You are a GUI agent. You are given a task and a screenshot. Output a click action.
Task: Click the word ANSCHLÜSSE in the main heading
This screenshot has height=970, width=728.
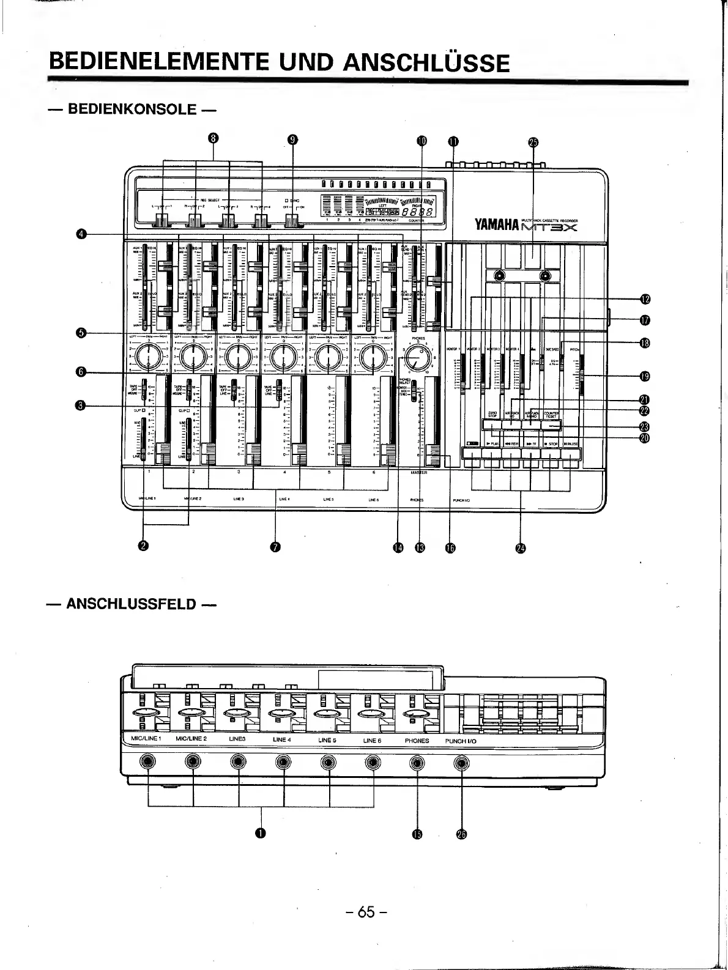(426, 62)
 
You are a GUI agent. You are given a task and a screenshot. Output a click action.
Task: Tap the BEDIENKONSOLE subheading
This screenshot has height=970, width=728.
(132, 109)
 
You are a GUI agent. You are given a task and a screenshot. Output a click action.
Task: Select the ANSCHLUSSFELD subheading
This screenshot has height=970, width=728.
(132, 604)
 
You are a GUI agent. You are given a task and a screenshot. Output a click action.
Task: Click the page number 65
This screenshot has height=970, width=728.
(366, 911)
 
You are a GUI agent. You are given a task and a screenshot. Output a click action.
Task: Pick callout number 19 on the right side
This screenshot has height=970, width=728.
(644, 376)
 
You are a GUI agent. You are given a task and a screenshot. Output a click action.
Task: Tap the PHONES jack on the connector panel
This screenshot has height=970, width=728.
(417, 763)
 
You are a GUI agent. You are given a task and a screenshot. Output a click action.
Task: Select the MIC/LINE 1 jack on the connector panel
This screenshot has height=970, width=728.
(148, 763)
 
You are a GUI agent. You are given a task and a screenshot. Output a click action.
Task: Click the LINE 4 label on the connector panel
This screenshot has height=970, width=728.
(282, 740)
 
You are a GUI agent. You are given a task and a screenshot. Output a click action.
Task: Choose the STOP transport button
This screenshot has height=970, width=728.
(551, 454)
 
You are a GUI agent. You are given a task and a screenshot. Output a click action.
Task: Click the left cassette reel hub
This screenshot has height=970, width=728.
(500, 276)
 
